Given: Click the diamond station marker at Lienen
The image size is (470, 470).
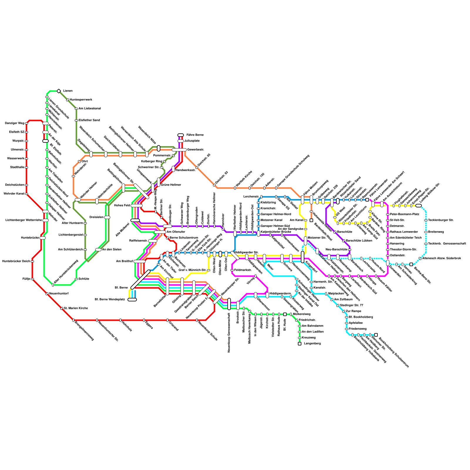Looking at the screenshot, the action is click(59, 91).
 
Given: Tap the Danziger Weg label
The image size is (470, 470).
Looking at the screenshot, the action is click(14, 123).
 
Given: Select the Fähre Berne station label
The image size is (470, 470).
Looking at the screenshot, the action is click(195, 135).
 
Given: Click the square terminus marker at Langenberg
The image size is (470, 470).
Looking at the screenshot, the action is click(300, 344).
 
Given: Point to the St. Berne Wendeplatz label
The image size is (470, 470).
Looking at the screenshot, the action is click(110, 300).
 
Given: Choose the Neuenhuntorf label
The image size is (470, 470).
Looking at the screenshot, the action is click(59, 294).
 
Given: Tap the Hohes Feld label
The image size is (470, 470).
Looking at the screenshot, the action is click(122, 206).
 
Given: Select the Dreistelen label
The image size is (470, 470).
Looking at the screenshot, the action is click(96, 217).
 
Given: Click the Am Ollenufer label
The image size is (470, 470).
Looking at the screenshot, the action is click(176, 232).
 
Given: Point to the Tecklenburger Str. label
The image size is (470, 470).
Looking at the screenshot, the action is click(441, 220).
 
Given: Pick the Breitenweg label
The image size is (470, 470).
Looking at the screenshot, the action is click(436, 232).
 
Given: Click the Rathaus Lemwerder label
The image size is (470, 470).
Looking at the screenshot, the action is click(404, 232).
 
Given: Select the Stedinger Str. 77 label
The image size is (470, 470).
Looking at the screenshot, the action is click(351, 305).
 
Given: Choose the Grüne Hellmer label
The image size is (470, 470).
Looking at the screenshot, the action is click(171, 185).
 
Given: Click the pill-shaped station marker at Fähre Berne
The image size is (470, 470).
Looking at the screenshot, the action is click(181, 135).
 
